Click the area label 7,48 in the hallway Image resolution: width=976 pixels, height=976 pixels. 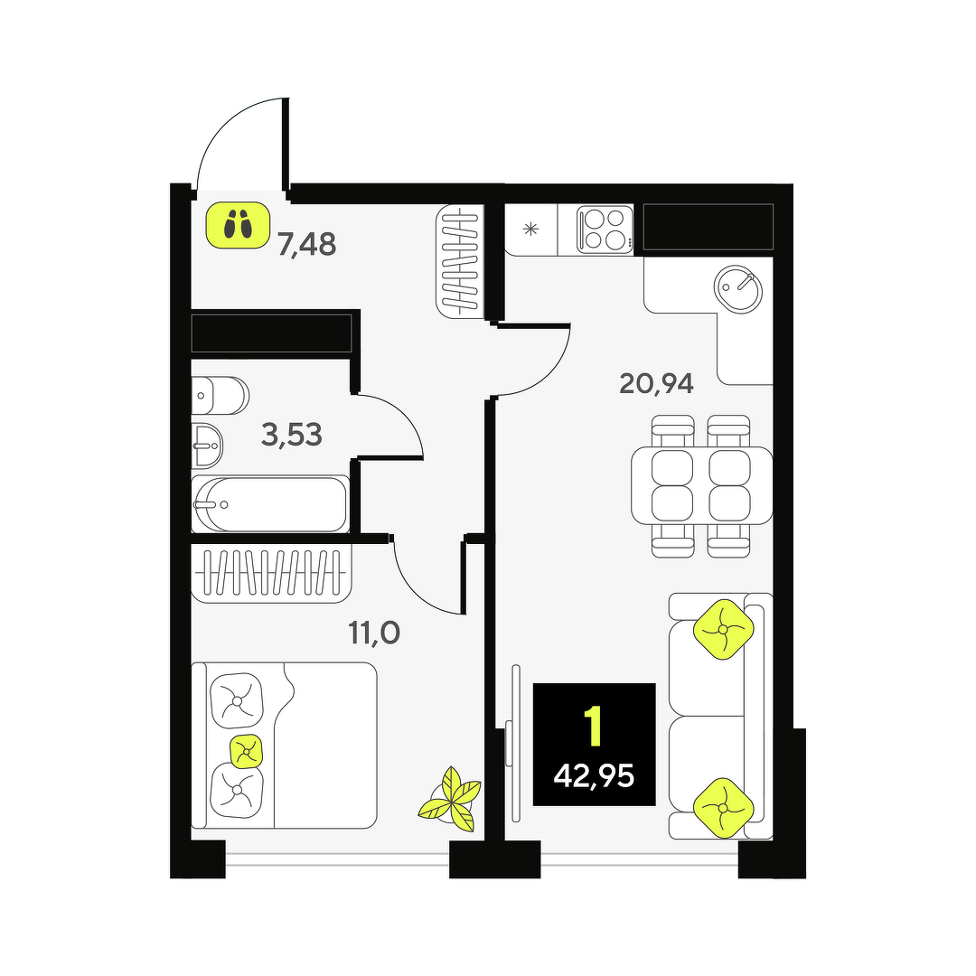(x=307, y=245)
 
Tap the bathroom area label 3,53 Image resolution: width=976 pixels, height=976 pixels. (x=292, y=435)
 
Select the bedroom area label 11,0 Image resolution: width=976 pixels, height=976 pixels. (x=373, y=633)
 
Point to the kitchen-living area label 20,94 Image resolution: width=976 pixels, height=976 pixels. (x=656, y=383)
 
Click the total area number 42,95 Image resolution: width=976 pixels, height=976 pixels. (x=594, y=776)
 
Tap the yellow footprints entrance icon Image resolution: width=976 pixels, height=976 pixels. (x=239, y=225)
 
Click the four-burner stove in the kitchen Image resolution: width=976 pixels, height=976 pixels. (x=605, y=229)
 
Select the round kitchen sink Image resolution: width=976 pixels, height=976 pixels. (x=737, y=289)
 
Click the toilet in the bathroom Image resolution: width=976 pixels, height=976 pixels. (x=220, y=395)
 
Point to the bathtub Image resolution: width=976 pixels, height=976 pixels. (x=269, y=504)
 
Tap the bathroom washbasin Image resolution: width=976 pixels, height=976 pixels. (x=207, y=446)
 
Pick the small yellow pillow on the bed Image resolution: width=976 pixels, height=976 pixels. (x=247, y=752)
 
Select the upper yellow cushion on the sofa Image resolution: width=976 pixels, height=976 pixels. (x=723, y=629)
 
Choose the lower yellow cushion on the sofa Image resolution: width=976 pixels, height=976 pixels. (x=723, y=808)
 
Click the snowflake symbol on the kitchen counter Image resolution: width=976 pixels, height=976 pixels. (x=530, y=229)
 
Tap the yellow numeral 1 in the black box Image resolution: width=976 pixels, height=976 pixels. (x=594, y=726)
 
